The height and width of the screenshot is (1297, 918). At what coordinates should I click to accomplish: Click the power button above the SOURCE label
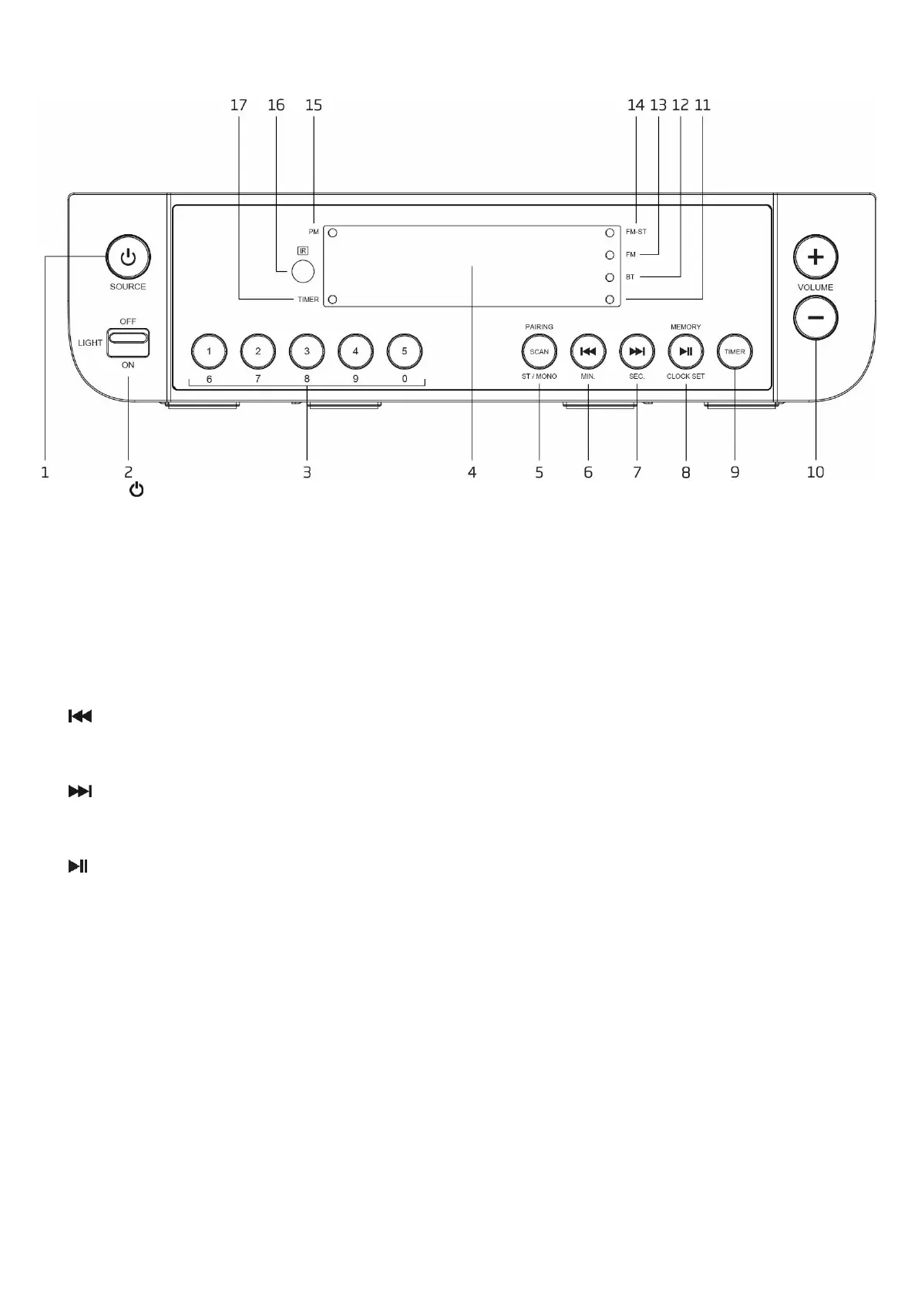(x=128, y=257)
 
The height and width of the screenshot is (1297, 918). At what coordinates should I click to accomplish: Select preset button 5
(x=405, y=351)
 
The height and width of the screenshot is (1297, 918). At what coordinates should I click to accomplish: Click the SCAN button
(x=539, y=351)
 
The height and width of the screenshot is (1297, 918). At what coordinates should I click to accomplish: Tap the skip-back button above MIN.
(x=588, y=351)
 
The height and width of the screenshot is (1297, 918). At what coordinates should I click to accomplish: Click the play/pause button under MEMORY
(x=685, y=351)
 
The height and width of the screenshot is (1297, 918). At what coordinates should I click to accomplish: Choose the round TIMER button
(x=735, y=351)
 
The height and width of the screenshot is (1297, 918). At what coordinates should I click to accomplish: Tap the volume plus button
(x=815, y=256)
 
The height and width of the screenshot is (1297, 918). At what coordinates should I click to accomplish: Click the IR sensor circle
(x=303, y=271)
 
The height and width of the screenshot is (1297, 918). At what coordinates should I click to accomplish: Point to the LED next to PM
(x=333, y=232)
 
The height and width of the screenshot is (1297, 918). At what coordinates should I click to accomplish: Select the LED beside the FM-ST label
(x=610, y=232)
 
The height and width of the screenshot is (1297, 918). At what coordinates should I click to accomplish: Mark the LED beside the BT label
(x=610, y=276)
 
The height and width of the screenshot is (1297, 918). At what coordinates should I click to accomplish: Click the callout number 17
(x=238, y=105)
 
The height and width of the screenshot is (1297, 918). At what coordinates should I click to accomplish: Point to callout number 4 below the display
(x=472, y=472)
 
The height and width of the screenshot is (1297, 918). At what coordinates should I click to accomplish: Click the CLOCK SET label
(x=685, y=377)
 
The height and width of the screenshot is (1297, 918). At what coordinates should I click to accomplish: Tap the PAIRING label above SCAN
(x=539, y=327)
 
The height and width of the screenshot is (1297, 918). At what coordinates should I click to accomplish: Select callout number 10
(x=815, y=472)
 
